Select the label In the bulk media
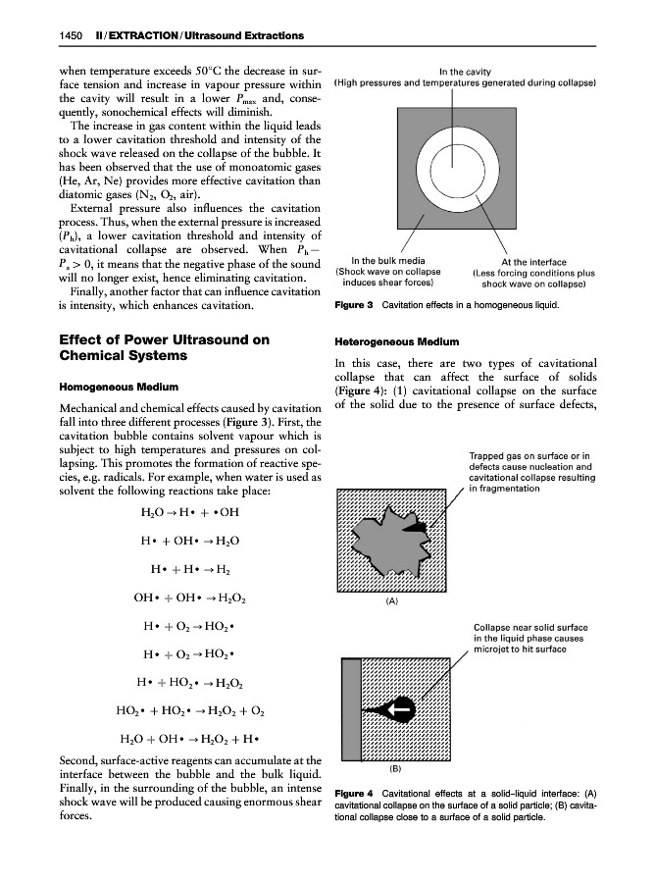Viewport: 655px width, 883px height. (387, 261)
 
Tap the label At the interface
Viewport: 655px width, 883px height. (533, 262)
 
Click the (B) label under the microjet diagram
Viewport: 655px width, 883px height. (397, 769)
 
